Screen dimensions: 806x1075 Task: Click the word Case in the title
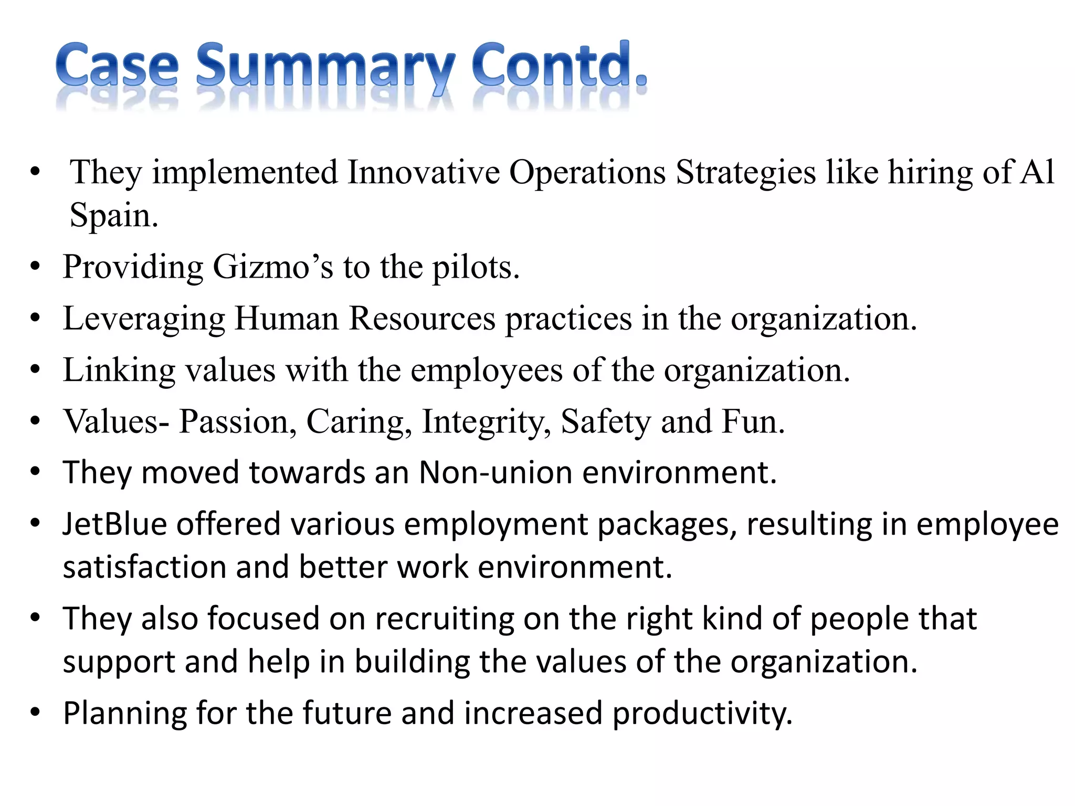click(117, 66)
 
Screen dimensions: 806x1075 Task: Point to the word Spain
click(113, 215)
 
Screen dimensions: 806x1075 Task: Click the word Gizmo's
click(273, 267)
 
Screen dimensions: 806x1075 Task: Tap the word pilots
click(476, 267)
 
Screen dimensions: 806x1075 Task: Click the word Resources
click(422, 318)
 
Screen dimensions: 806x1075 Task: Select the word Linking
click(119, 370)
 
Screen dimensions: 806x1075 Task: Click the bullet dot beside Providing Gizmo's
click(35, 267)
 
